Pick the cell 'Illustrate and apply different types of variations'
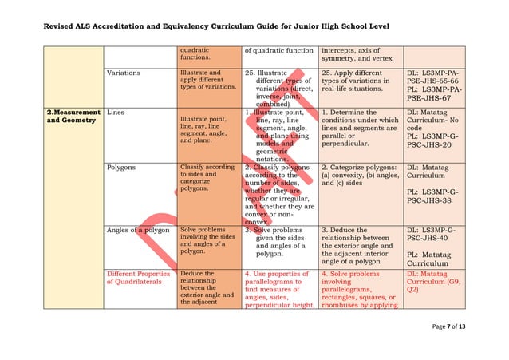207,81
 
